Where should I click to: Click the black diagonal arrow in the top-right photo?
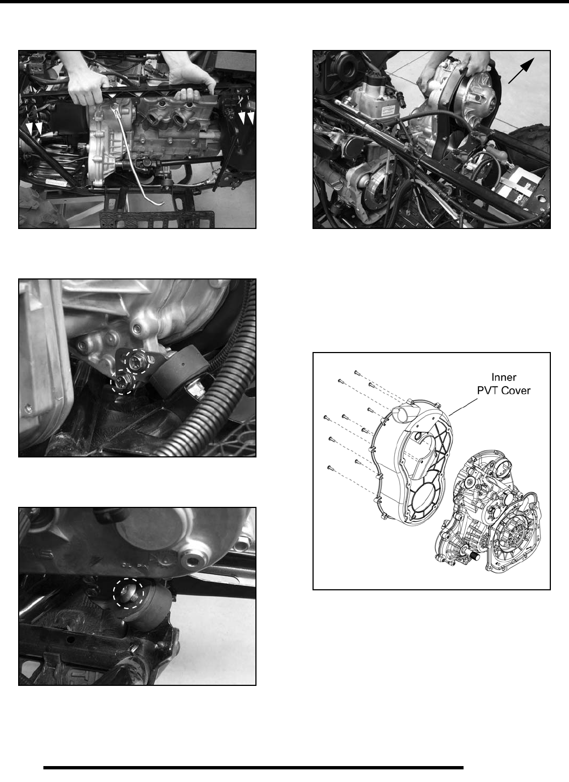521,71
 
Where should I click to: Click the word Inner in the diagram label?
504,377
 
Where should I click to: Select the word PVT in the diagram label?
488,390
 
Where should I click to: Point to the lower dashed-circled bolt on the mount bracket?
122,383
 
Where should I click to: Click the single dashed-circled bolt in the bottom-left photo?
128,592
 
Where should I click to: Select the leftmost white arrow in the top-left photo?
30,128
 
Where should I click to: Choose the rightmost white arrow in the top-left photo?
250,118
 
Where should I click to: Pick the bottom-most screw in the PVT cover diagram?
330,467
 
